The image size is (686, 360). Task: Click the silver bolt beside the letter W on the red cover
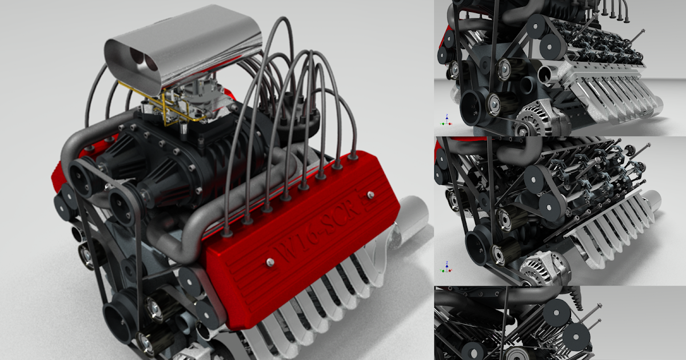coord(270,262)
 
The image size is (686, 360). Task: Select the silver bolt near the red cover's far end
coord(371,195)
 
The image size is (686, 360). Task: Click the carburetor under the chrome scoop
coord(194,103)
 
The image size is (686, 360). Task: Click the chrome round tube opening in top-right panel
coord(546,75)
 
